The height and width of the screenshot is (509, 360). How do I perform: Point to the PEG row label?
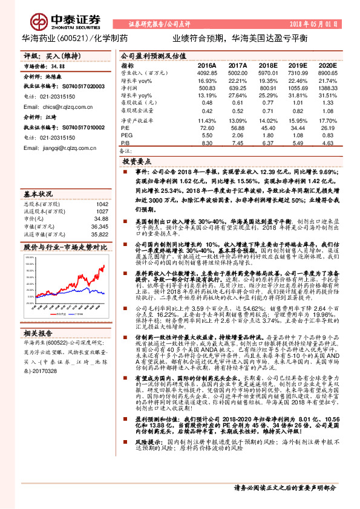coord(126,135)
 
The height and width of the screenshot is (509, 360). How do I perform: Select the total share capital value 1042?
coord(102,204)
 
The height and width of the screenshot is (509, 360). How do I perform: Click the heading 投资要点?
coord(136,163)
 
